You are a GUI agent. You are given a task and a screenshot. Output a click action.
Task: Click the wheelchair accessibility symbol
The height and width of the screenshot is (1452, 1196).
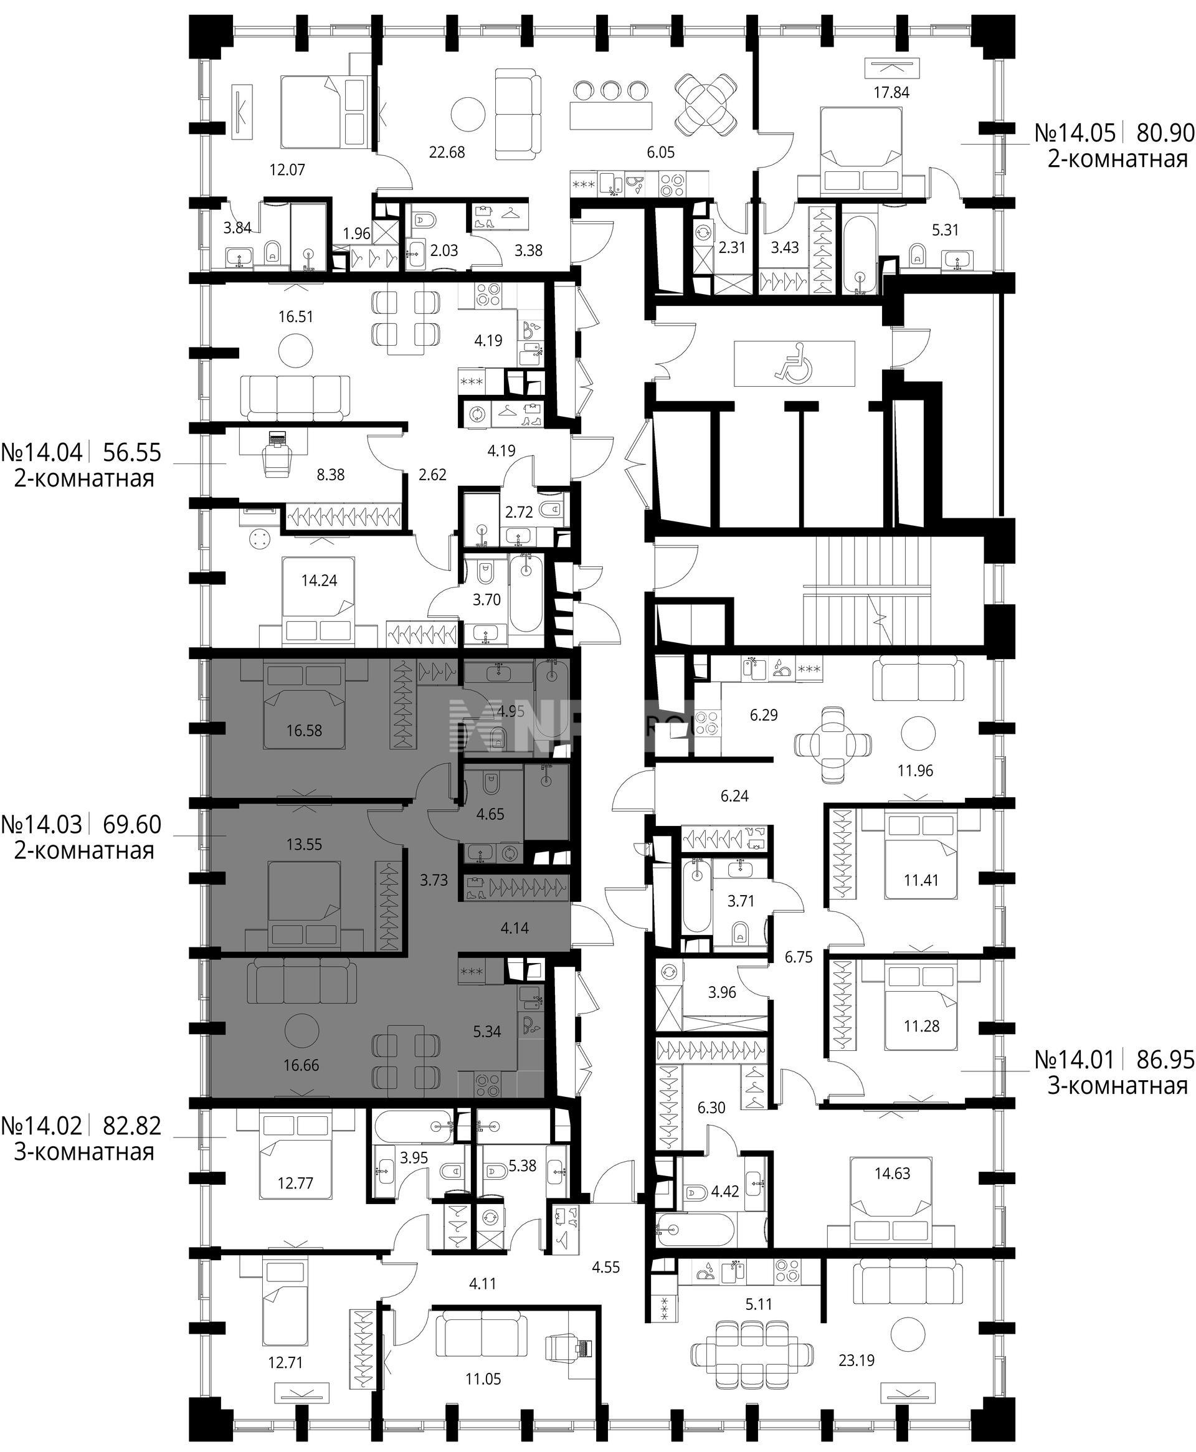(794, 364)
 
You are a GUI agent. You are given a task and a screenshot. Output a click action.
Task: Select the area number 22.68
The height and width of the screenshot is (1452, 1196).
(447, 152)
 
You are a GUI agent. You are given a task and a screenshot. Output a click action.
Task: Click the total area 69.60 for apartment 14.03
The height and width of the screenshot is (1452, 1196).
(132, 824)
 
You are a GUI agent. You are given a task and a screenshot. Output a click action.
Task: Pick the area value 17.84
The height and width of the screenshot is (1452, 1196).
(891, 92)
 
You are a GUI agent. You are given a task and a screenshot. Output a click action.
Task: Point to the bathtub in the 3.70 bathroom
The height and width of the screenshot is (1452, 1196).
(528, 593)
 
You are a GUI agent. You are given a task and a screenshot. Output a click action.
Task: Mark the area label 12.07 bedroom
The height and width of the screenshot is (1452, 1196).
(287, 169)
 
